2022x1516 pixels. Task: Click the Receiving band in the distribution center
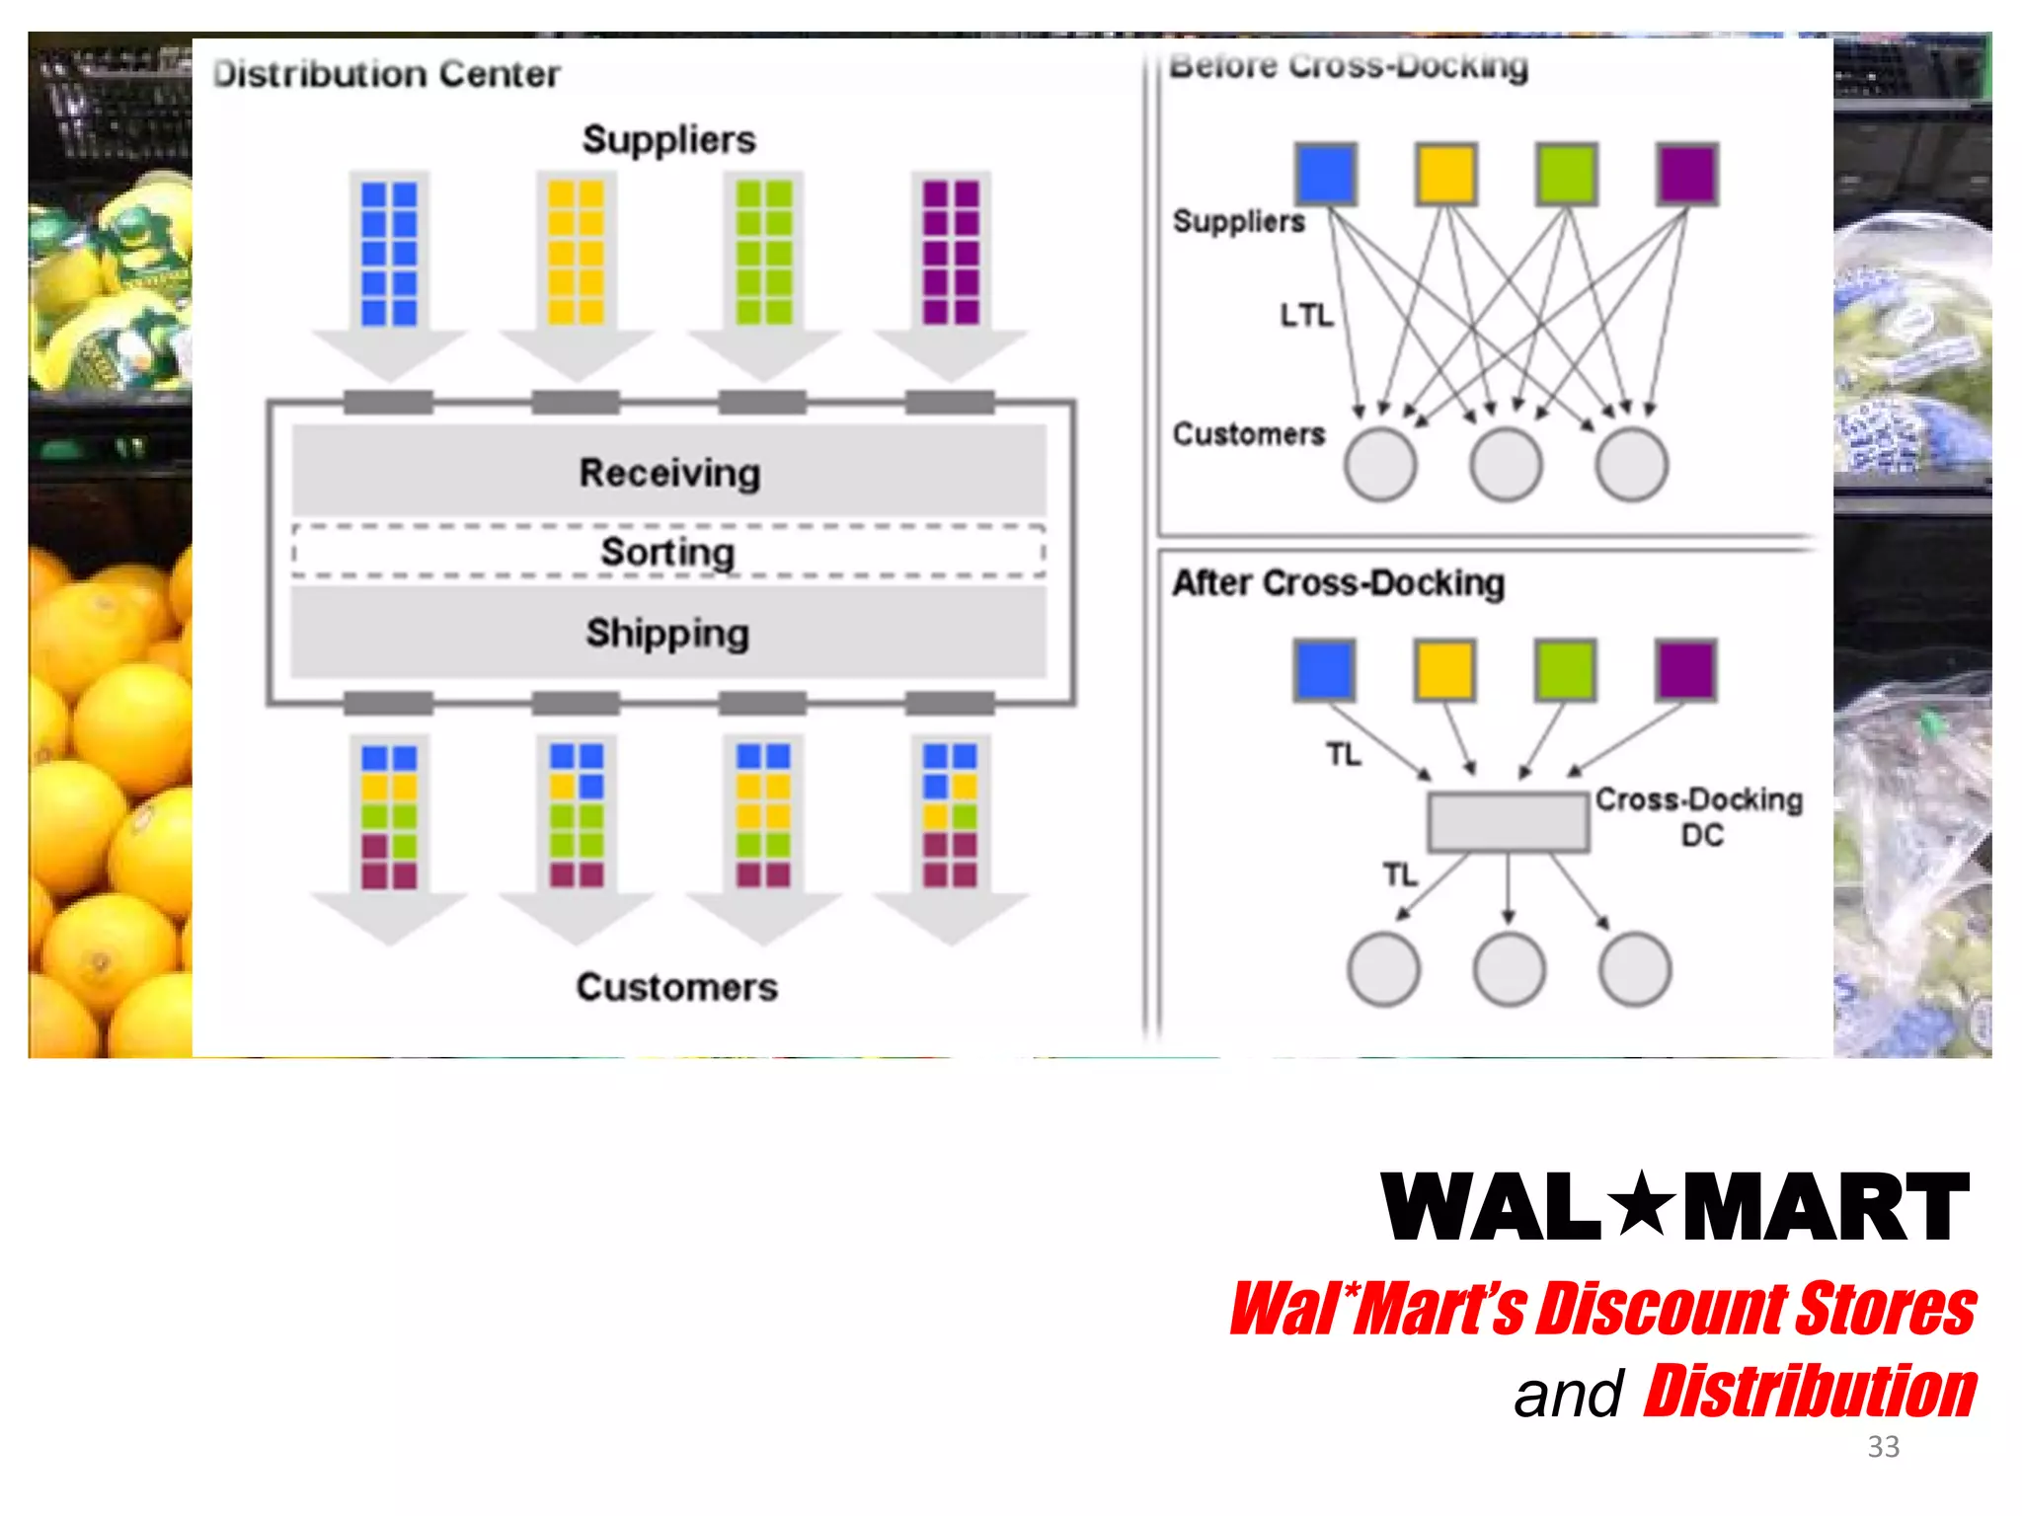pyautogui.click(x=668, y=472)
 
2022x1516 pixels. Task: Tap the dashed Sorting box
pyautogui.click(x=668, y=551)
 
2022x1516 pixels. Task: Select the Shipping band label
pyautogui.click(x=668, y=633)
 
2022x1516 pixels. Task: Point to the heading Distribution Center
pyautogui.click(x=386, y=74)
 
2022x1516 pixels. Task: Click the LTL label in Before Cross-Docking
pyautogui.click(x=1305, y=315)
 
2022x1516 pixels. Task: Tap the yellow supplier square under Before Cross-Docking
pyautogui.click(x=1445, y=175)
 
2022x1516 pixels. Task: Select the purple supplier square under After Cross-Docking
pyautogui.click(x=1686, y=670)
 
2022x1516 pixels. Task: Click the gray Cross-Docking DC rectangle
pyautogui.click(x=1508, y=821)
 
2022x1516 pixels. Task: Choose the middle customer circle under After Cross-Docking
pyautogui.click(x=1509, y=969)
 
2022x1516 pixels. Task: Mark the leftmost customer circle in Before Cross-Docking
pyautogui.click(x=1379, y=464)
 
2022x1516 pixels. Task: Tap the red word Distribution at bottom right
pyautogui.click(x=1810, y=1392)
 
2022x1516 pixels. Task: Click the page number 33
pyautogui.click(x=1883, y=1447)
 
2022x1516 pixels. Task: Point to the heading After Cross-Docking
pyautogui.click(x=1338, y=583)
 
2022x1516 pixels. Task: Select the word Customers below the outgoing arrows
pyautogui.click(x=676, y=987)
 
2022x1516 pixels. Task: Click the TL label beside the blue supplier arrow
pyautogui.click(x=1343, y=754)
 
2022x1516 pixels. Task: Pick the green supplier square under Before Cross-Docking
pyautogui.click(x=1566, y=175)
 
